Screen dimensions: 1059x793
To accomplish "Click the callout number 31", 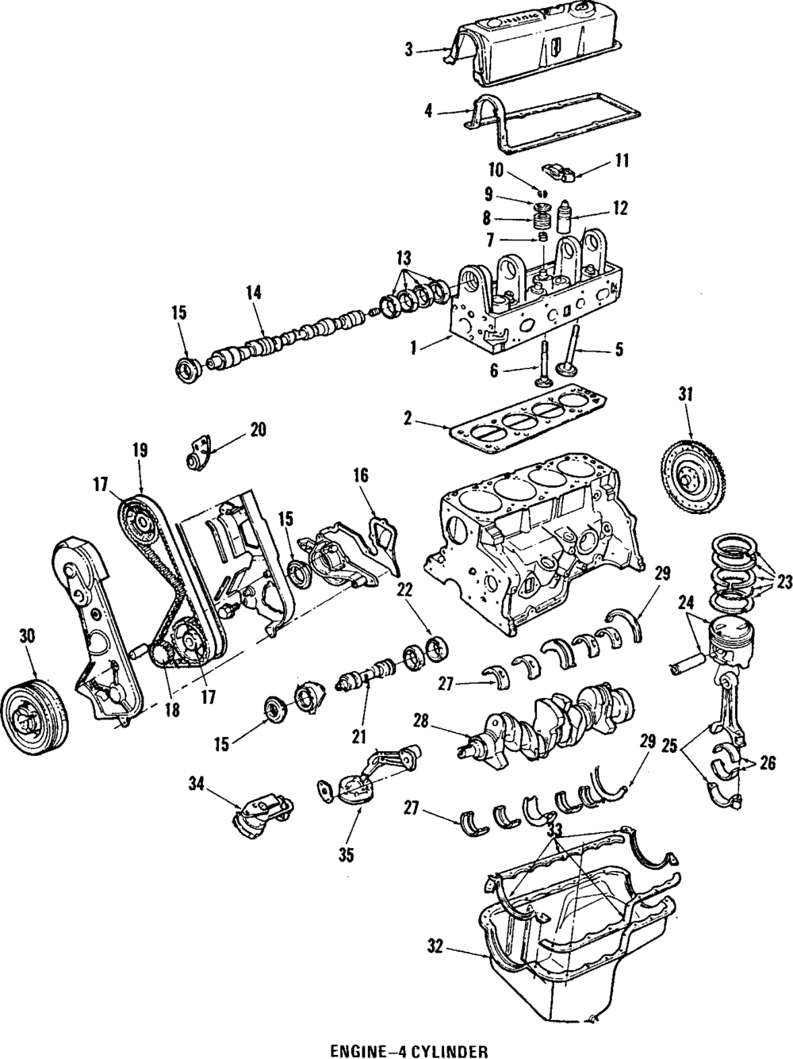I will pos(686,393).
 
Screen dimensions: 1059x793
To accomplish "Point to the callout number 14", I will pos(253,292).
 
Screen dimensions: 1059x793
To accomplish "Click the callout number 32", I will pos(435,947).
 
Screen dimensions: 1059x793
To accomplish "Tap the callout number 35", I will pos(346,855).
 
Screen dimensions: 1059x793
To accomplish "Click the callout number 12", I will pos(619,209).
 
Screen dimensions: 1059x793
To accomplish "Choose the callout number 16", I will pos(361,476).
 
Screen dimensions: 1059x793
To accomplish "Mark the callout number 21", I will pos(359,738).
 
